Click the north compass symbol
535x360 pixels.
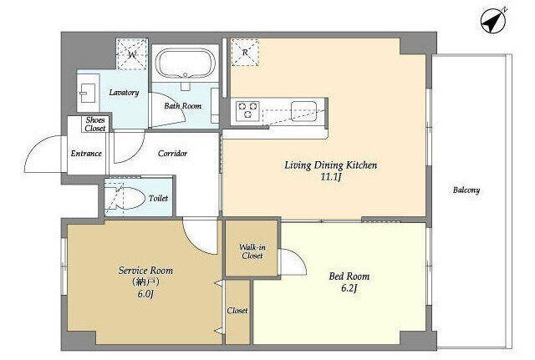(492, 22)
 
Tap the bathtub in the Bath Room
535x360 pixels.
(185, 63)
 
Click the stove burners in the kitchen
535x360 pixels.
(248, 109)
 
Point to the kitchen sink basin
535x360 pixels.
(303, 111)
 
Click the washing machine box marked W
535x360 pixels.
(132, 53)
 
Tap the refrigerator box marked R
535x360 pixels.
(245, 52)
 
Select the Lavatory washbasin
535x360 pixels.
(88, 93)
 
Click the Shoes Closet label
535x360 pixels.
(95, 124)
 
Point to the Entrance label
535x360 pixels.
(86, 154)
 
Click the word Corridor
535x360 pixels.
(172, 154)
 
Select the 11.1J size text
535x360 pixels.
(331, 177)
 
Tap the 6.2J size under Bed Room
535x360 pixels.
(349, 288)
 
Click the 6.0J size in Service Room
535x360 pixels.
(145, 293)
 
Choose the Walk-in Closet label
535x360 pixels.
(252, 251)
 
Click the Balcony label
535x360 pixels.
(466, 190)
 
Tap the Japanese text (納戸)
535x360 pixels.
(145, 282)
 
